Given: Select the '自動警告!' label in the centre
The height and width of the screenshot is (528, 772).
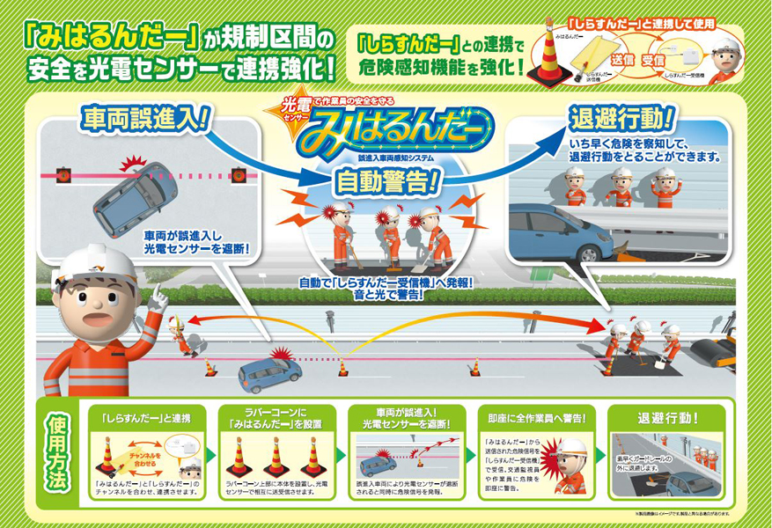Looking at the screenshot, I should tap(387, 182).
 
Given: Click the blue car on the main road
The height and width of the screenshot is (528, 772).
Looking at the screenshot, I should tap(269, 373).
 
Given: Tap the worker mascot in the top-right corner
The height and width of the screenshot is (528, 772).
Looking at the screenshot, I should tap(724, 61).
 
